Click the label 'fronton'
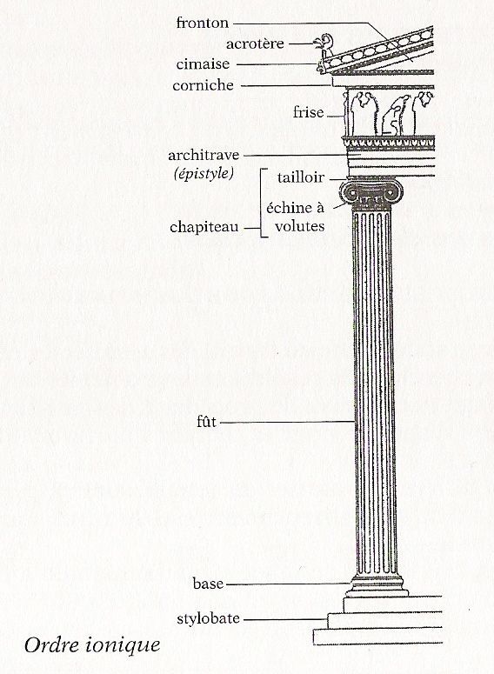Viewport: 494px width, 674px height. [203, 23]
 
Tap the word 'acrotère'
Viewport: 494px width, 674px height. [255, 43]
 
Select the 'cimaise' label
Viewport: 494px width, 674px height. [203, 64]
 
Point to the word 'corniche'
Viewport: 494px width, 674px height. [203, 85]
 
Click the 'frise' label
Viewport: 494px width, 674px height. [308, 112]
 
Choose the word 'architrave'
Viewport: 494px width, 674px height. [204, 155]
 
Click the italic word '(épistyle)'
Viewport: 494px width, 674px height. [204, 174]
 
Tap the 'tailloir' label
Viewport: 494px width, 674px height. [301, 177]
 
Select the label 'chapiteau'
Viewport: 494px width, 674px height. [204, 227]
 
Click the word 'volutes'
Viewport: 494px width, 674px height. [300, 226]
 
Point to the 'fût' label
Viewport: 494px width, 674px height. [206, 422]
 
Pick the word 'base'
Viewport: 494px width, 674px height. [208, 584]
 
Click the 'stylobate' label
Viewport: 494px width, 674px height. [208, 618]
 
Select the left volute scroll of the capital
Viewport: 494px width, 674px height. [351, 193]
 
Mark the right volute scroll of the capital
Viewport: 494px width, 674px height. [392, 193]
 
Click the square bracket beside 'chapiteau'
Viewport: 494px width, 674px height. [262, 203]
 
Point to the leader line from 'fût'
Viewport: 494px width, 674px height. [286, 422]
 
